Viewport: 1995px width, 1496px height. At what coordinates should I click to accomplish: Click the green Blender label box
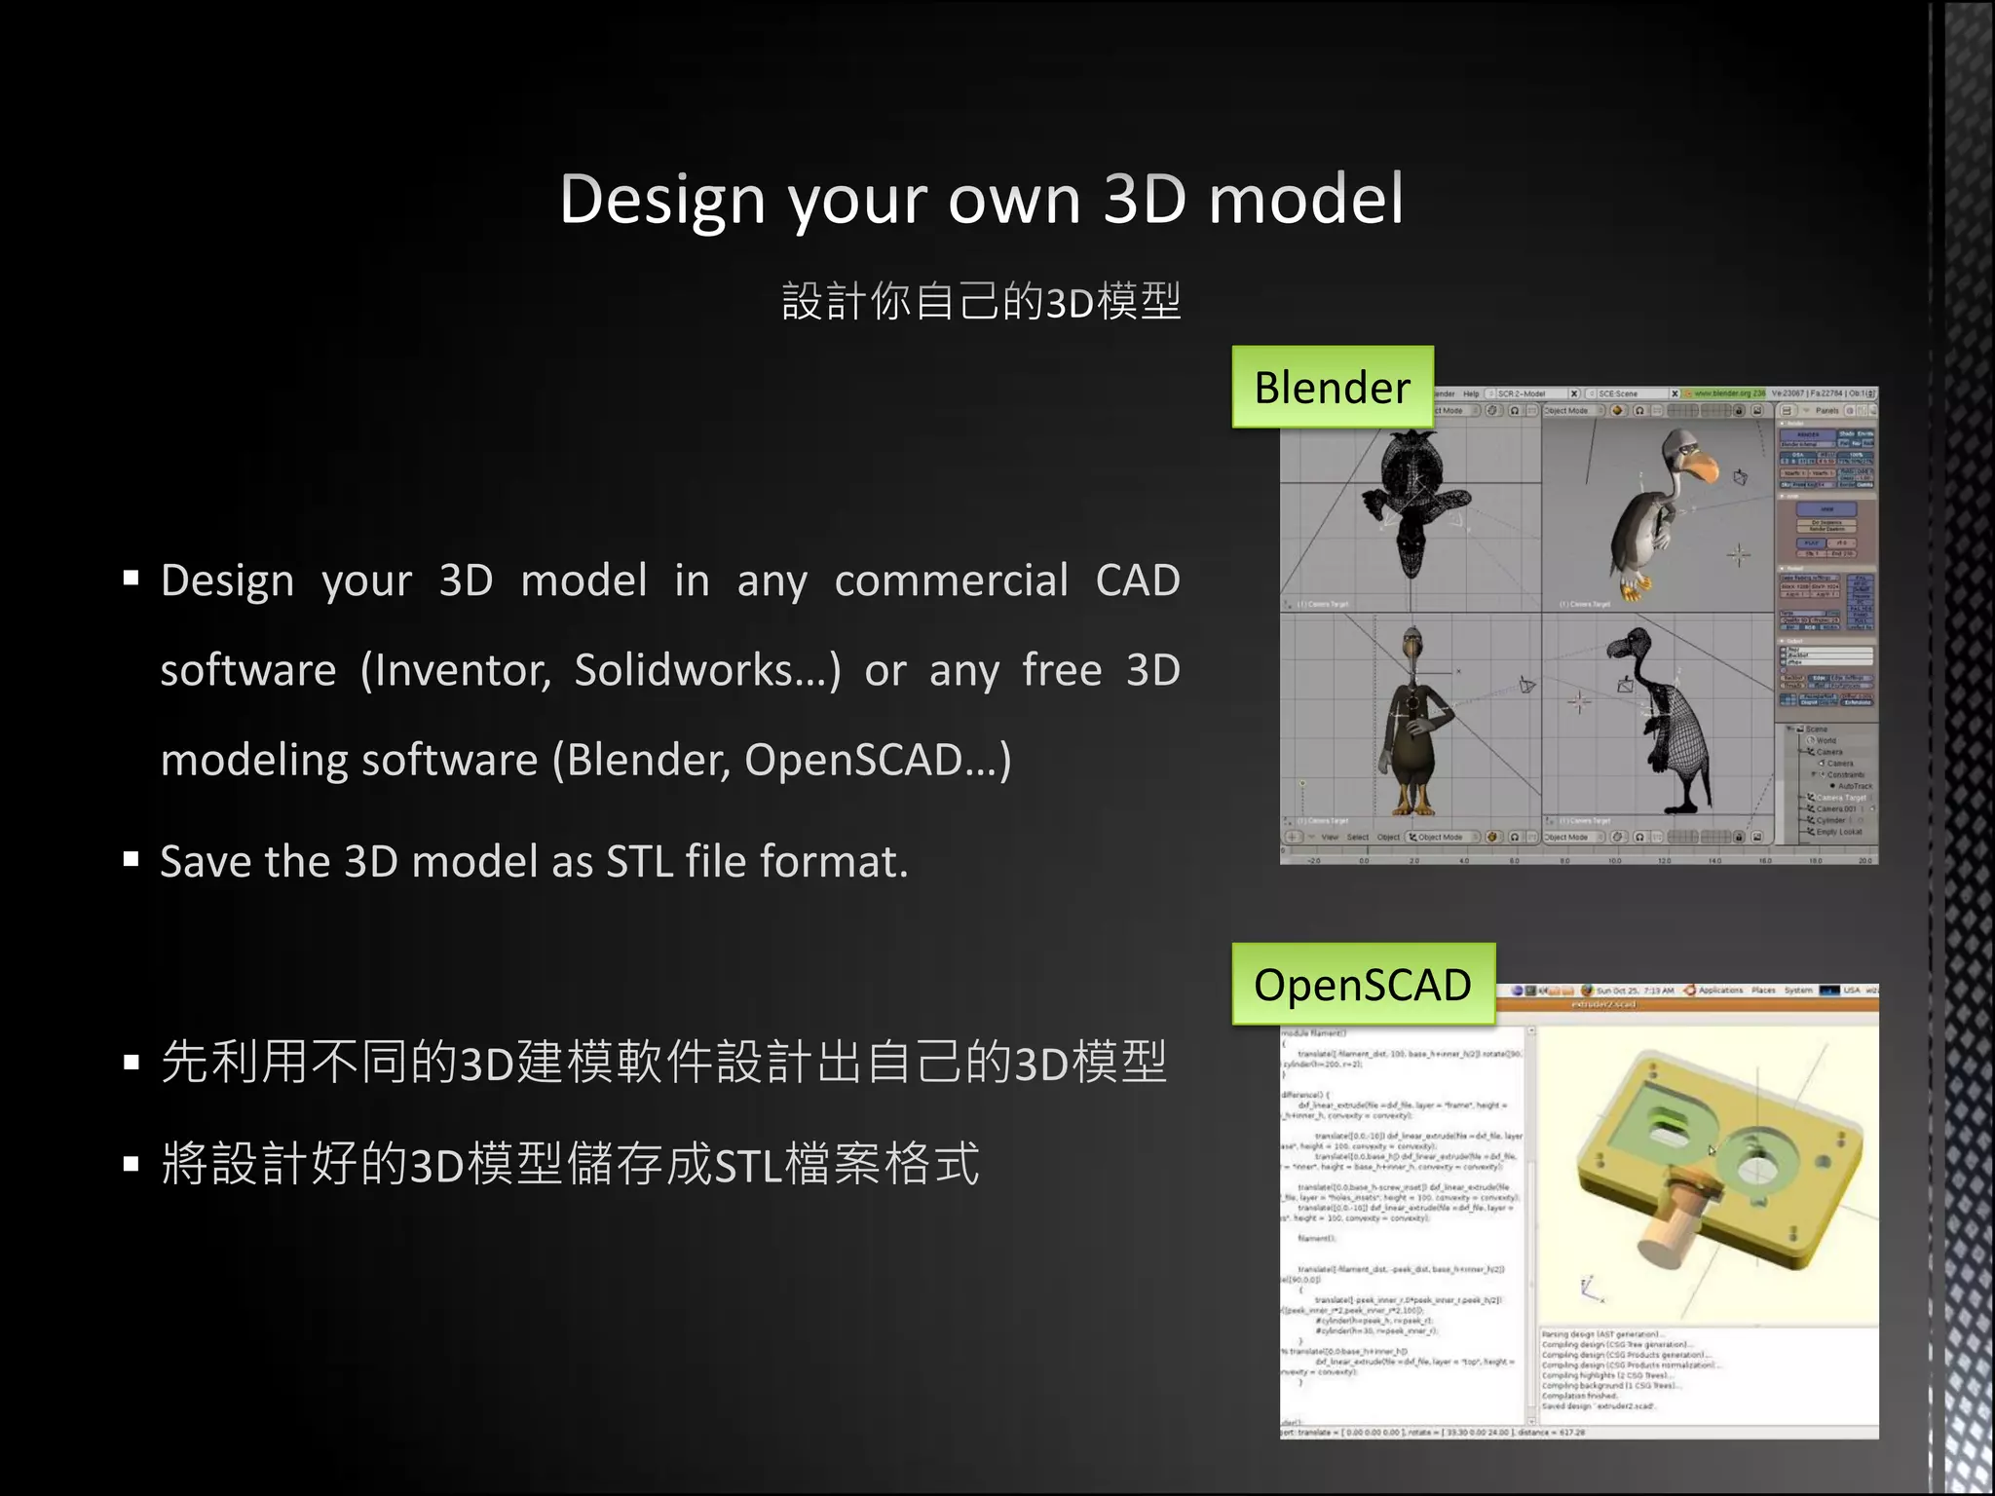point(1332,388)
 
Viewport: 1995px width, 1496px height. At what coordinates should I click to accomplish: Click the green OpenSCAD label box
point(1362,985)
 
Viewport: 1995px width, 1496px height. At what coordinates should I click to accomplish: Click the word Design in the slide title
point(662,200)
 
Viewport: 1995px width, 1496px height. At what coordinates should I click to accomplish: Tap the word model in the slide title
point(1305,200)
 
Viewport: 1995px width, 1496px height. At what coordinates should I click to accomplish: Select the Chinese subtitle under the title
point(981,301)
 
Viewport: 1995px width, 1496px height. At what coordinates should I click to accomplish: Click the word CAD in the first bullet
point(1137,581)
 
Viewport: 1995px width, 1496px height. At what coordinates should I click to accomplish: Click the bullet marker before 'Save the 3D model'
point(132,859)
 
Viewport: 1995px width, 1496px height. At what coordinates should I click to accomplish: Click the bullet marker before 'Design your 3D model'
point(132,579)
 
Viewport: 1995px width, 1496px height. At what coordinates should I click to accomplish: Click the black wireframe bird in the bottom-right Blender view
point(1668,721)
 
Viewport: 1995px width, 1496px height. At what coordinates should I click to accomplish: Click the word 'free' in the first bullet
point(1061,670)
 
